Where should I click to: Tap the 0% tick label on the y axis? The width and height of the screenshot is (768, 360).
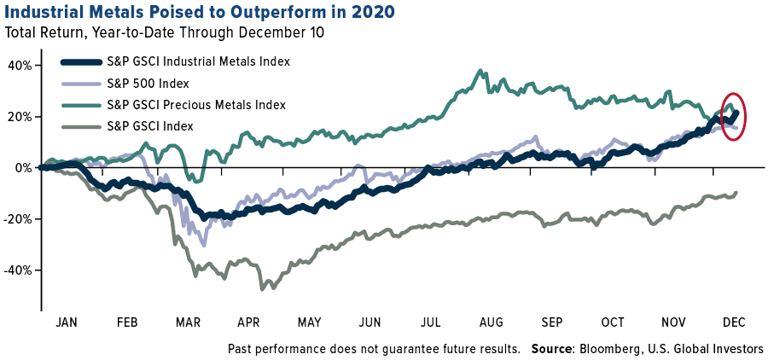coord(24,167)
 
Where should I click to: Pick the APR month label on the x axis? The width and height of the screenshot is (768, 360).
coord(248,322)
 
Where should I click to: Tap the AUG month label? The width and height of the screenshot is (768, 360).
coord(492,322)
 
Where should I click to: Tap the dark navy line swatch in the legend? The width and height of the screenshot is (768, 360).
coord(87,61)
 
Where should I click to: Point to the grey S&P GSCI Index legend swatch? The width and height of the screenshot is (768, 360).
coord(87,125)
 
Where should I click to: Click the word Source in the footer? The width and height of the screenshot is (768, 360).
coord(551,349)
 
